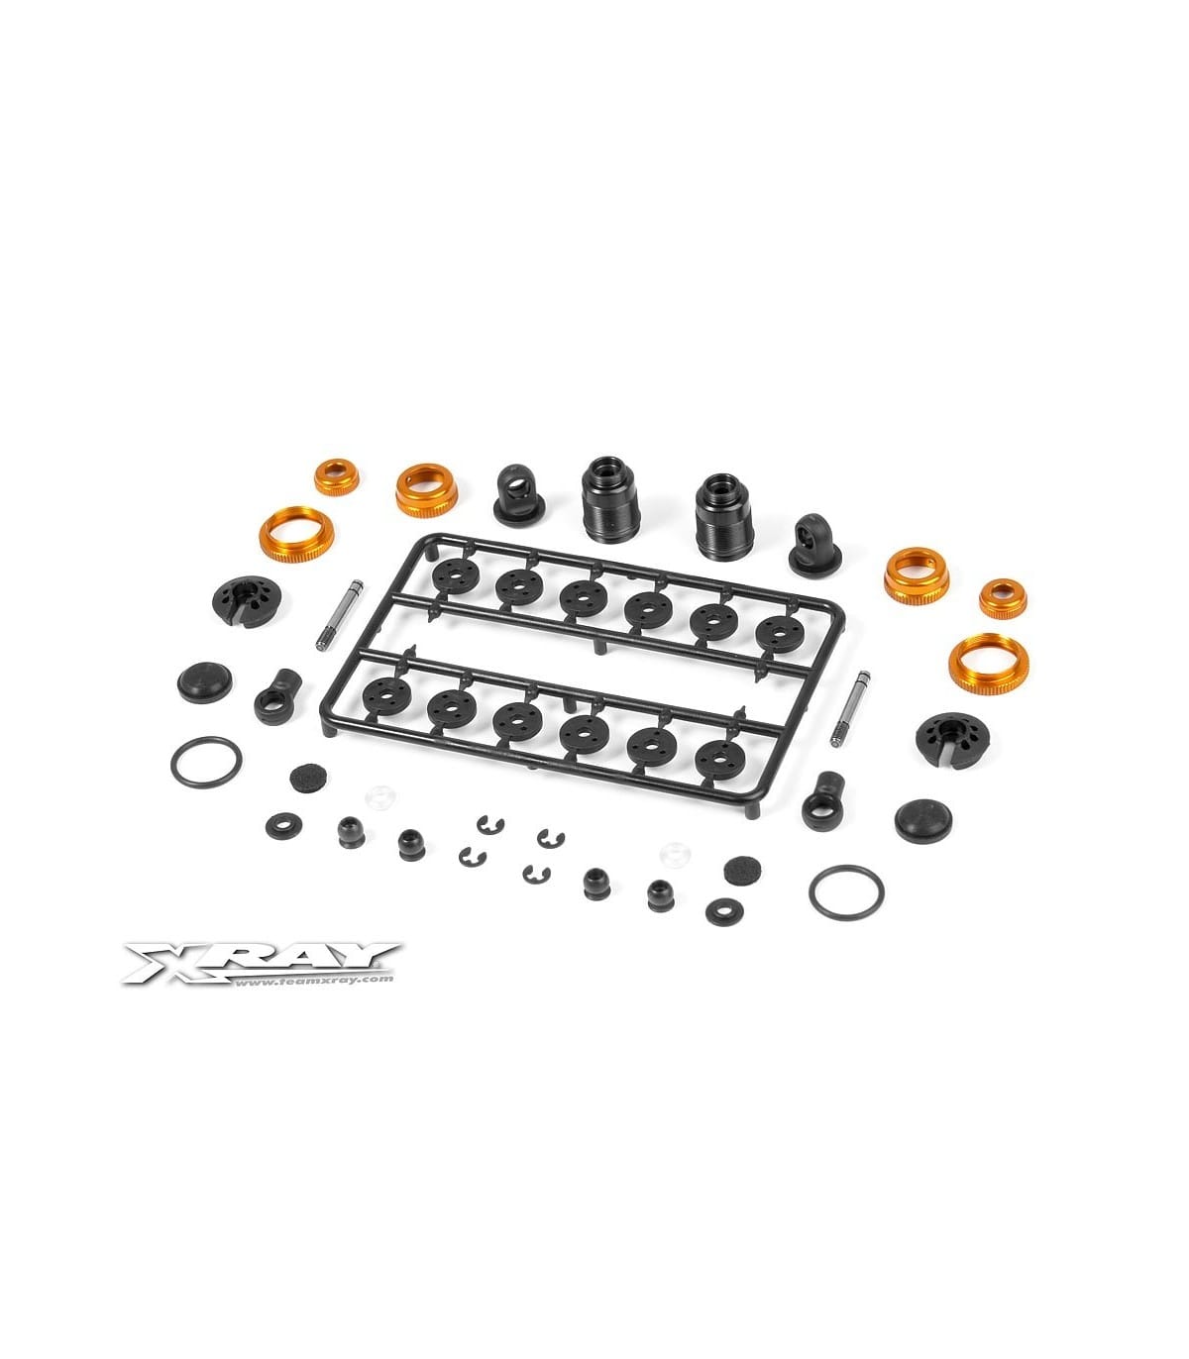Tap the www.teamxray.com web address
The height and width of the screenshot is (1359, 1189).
tap(313, 980)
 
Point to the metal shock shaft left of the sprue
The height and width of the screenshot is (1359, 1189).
tap(339, 615)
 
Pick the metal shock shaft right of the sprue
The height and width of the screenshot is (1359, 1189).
tap(850, 709)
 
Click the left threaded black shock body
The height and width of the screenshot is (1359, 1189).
tap(610, 499)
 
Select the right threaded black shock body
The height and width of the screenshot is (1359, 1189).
tap(724, 517)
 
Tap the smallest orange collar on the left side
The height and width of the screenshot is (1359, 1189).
tap(337, 476)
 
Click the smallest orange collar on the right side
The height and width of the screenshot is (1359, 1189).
tap(1003, 598)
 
